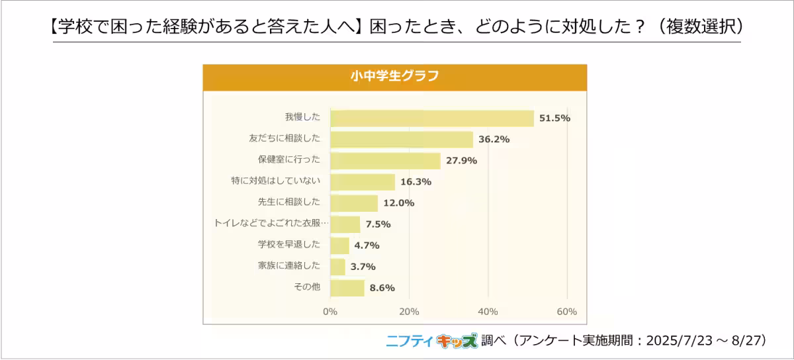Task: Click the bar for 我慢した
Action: (431, 118)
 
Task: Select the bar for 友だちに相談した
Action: (401, 140)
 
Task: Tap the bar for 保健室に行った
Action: (385, 161)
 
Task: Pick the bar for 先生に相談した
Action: (353, 203)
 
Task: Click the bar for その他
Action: (347, 288)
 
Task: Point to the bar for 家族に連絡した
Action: (337, 267)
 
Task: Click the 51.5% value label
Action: (554, 118)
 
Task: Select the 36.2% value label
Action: (494, 140)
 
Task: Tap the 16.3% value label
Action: (416, 182)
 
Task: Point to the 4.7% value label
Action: (367, 246)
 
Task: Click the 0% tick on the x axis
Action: (330, 312)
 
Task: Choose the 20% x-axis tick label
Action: (409, 312)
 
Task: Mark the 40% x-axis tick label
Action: (488, 312)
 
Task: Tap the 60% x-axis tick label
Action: (566, 312)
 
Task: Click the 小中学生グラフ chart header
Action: (394, 76)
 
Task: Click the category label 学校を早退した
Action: (289, 244)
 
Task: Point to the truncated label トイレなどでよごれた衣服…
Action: (271, 224)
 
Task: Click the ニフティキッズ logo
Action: (431, 340)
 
